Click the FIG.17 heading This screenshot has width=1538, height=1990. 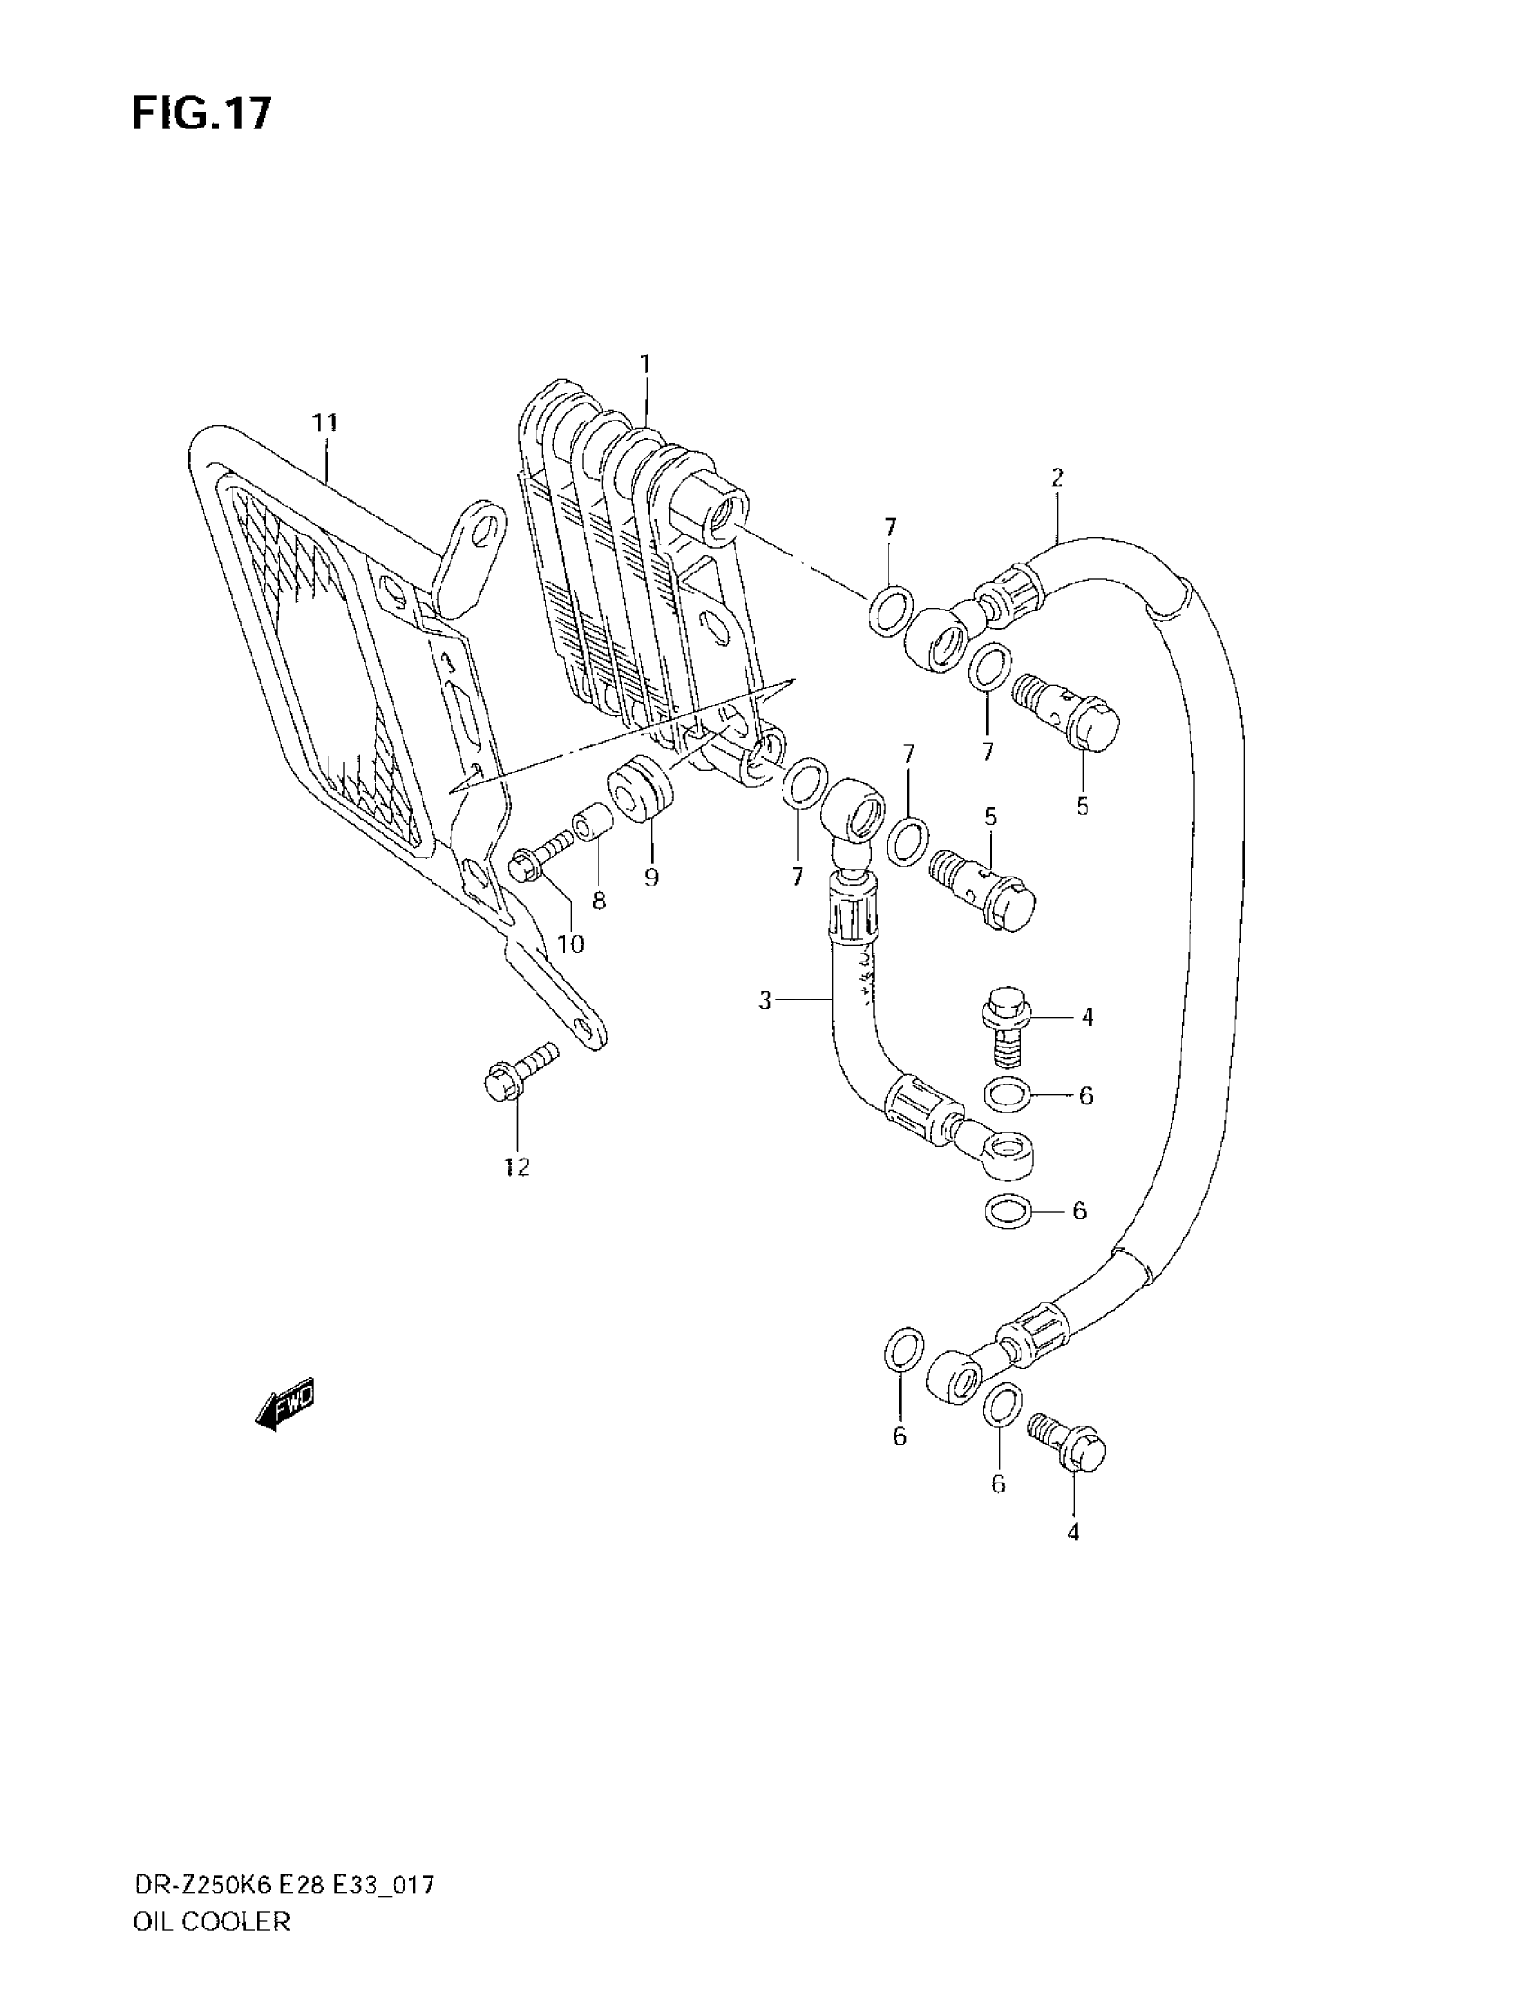[x=202, y=115]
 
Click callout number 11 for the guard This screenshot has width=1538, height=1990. [x=325, y=423]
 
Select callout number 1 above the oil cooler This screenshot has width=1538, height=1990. [x=645, y=365]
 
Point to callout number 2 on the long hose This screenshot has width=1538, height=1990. [x=1057, y=478]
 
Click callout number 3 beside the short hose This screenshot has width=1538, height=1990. [x=765, y=1001]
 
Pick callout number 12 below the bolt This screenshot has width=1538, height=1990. [x=517, y=1167]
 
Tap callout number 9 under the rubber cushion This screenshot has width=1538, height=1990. [x=650, y=877]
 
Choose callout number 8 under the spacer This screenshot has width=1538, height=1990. [x=599, y=901]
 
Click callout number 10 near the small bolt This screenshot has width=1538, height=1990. [x=570, y=944]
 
